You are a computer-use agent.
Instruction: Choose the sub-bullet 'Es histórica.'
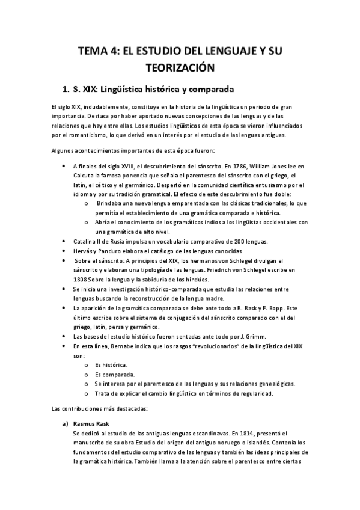(111, 364)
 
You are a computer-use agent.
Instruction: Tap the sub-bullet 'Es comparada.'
(112, 374)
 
